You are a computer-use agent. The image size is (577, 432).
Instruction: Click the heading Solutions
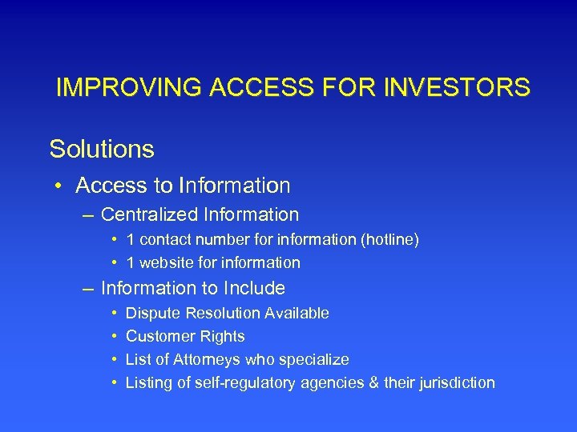point(102,149)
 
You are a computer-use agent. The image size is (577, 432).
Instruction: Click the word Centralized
point(151,215)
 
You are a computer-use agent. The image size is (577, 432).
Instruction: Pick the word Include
point(254,288)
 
